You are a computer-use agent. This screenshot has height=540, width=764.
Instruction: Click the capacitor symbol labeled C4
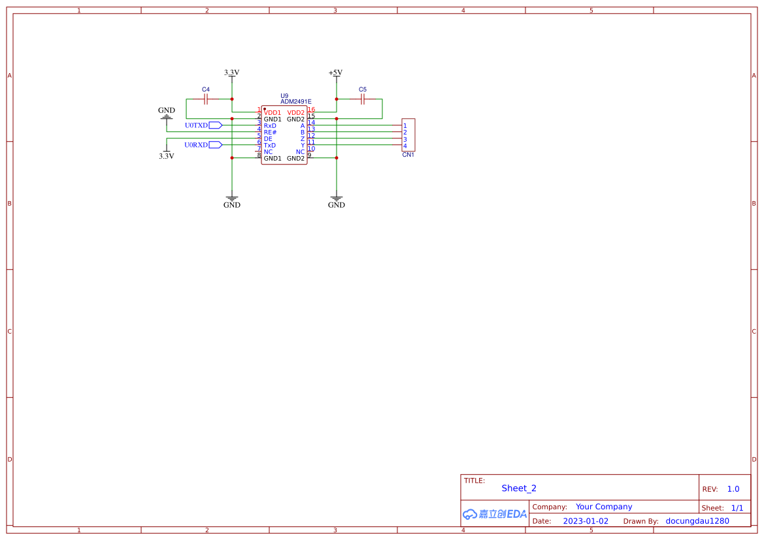tap(206, 99)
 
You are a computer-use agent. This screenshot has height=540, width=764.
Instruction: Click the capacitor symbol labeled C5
tap(363, 99)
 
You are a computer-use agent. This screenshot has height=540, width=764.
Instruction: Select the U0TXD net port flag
tap(215, 125)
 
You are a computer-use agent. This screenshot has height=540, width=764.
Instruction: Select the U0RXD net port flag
tap(215, 144)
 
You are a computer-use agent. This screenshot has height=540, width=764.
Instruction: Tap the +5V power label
tap(335, 72)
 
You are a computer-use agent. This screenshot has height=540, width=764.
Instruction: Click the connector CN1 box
tap(408, 135)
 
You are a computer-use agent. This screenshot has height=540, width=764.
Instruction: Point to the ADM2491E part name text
tap(295, 102)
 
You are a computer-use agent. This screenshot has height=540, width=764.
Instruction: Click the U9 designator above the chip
tap(284, 95)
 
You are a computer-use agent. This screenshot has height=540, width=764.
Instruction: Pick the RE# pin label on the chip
tap(270, 132)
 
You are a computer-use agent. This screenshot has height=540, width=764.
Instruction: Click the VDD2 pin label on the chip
tap(296, 112)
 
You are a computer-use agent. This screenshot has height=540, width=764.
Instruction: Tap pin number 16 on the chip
tap(311, 110)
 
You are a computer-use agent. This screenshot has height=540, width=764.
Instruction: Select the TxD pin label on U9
tap(270, 145)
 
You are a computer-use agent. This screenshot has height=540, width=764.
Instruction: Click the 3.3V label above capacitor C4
tap(231, 72)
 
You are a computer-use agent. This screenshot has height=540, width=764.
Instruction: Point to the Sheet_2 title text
tap(519, 488)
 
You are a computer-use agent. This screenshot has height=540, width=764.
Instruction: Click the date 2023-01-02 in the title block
tap(586, 521)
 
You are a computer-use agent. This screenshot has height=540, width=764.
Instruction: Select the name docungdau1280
tap(697, 521)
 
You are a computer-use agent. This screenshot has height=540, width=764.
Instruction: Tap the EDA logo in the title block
tap(495, 514)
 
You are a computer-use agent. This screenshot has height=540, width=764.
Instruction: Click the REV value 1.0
tap(733, 488)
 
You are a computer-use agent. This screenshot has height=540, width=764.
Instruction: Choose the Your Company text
tap(604, 507)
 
